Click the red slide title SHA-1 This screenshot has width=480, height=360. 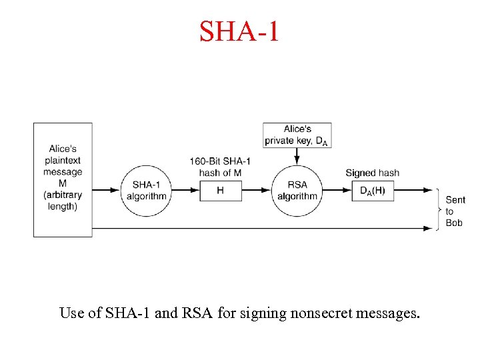tap(239, 31)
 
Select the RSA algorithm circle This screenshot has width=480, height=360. tap(297, 190)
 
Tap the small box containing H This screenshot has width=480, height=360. tap(220, 191)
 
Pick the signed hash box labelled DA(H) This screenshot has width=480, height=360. tap(372, 191)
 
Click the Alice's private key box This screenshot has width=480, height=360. tap(297, 135)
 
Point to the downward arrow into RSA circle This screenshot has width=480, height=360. tap(297, 155)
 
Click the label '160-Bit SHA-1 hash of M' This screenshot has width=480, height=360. tap(220, 167)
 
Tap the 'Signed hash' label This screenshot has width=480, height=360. tap(372, 173)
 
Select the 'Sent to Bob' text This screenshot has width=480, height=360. tap(455, 211)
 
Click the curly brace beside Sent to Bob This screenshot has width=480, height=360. tap(440, 210)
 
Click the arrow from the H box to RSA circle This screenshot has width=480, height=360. tap(255, 191)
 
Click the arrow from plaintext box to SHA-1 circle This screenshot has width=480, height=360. tap(107, 191)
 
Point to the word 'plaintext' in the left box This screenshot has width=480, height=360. tap(63, 160)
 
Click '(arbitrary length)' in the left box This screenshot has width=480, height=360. tap(63, 201)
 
